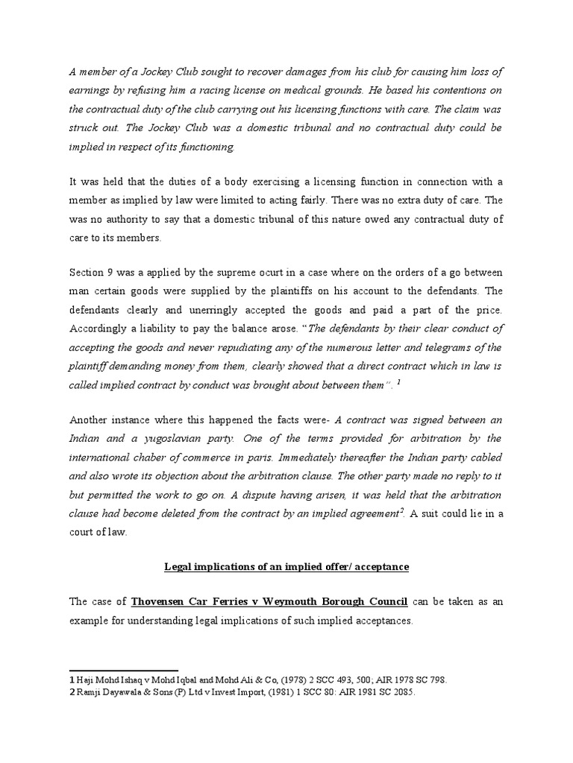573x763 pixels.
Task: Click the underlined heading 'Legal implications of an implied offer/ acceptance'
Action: [286, 566]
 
